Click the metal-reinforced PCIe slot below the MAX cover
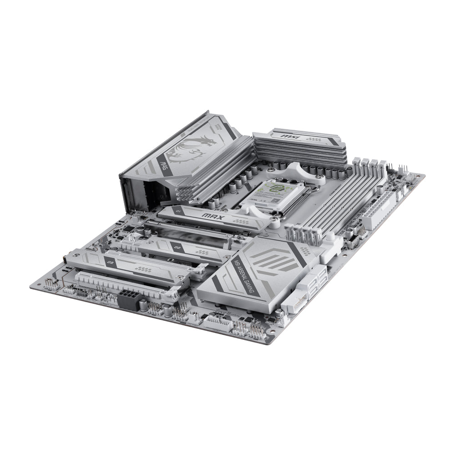pos(196,230)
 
